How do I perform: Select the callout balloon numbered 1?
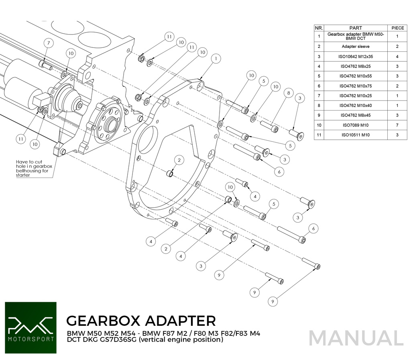216,58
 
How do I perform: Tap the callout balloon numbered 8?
287,92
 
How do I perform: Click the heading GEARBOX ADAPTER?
140,321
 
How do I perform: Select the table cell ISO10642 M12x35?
356,57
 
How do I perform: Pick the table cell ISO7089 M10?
356,125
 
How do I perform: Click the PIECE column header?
397,28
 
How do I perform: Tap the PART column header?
356,28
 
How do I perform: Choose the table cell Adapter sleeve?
356,47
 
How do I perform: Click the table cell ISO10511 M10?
356,135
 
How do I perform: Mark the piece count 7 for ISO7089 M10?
397,125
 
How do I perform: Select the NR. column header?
319,28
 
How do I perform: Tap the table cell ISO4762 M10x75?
356,86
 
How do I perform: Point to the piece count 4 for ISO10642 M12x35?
397,57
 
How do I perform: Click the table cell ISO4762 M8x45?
356,115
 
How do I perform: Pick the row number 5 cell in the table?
319,76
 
